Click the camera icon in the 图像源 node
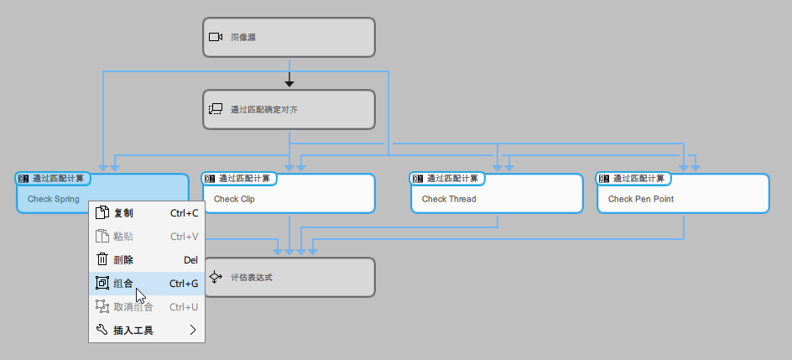click(215, 37)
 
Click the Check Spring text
click(54, 200)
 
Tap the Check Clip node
click(289, 199)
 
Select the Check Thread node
click(497, 199)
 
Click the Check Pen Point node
click(683, 199)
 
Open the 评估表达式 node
click(289, 278)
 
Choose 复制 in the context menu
click(123, 213)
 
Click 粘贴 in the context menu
click(123, 237)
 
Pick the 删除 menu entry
click(123, 260)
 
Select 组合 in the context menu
click(123, 284)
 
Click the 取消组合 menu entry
click(133, 307)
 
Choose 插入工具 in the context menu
click(133, 331)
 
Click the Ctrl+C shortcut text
click(184, 213)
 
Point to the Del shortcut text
click(190, 260)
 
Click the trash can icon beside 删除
click(102, 260)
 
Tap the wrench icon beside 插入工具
click(102, 331)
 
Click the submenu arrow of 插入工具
click(193, 331)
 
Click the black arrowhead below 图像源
click(289, 82)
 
